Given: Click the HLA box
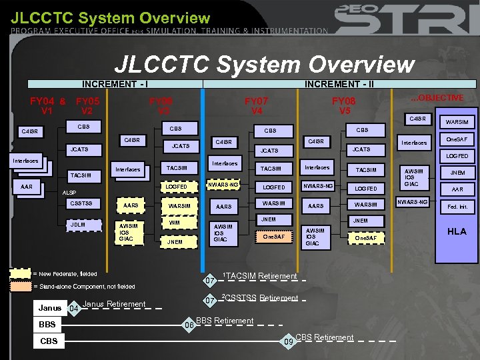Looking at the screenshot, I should click(457, 231).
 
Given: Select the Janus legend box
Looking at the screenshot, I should click(49, 308).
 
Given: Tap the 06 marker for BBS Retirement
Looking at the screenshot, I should click(189, 325).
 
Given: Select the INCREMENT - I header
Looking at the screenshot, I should click(115, 84).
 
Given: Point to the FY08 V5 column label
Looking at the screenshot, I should click(344, 105).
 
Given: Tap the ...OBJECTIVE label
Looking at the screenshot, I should click(437, 98).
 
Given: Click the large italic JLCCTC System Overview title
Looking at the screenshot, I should click(265, 65).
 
